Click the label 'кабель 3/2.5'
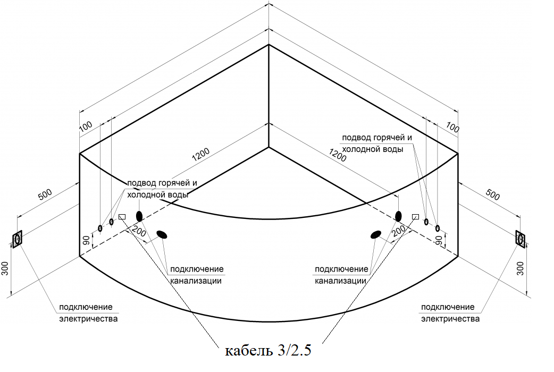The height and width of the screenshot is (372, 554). [x=268, y=350]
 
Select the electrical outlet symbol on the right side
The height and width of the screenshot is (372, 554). [x=521, y=239]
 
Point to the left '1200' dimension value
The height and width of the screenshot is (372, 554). [x=200, y=154]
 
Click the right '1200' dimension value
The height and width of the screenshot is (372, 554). [x=338, y=155]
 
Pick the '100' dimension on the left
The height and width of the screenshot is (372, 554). [x=86, y=126]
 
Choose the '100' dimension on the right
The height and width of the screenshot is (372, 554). [x=452, y=127]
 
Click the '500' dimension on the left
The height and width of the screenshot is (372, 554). [x=45, y=195]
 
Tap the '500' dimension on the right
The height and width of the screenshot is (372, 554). [x=493, y=195]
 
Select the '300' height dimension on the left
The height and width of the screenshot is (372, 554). [x=5, y=268]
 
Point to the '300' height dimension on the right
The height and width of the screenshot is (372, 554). [x=521, y=268]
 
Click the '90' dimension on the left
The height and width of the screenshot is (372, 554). [x=86, y=241]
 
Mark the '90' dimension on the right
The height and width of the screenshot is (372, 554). [x=439, y=241]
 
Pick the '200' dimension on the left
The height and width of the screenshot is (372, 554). [x=138, y=232]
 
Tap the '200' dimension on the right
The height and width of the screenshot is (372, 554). [x=399, y=231]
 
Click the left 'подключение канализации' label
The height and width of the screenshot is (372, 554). [x=197, y=275]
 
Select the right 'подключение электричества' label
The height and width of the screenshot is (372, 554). [x=450, y=313]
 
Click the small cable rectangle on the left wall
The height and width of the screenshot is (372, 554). [x=122, y=217]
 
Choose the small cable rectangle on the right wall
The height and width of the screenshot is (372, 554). [x=416, y=217]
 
